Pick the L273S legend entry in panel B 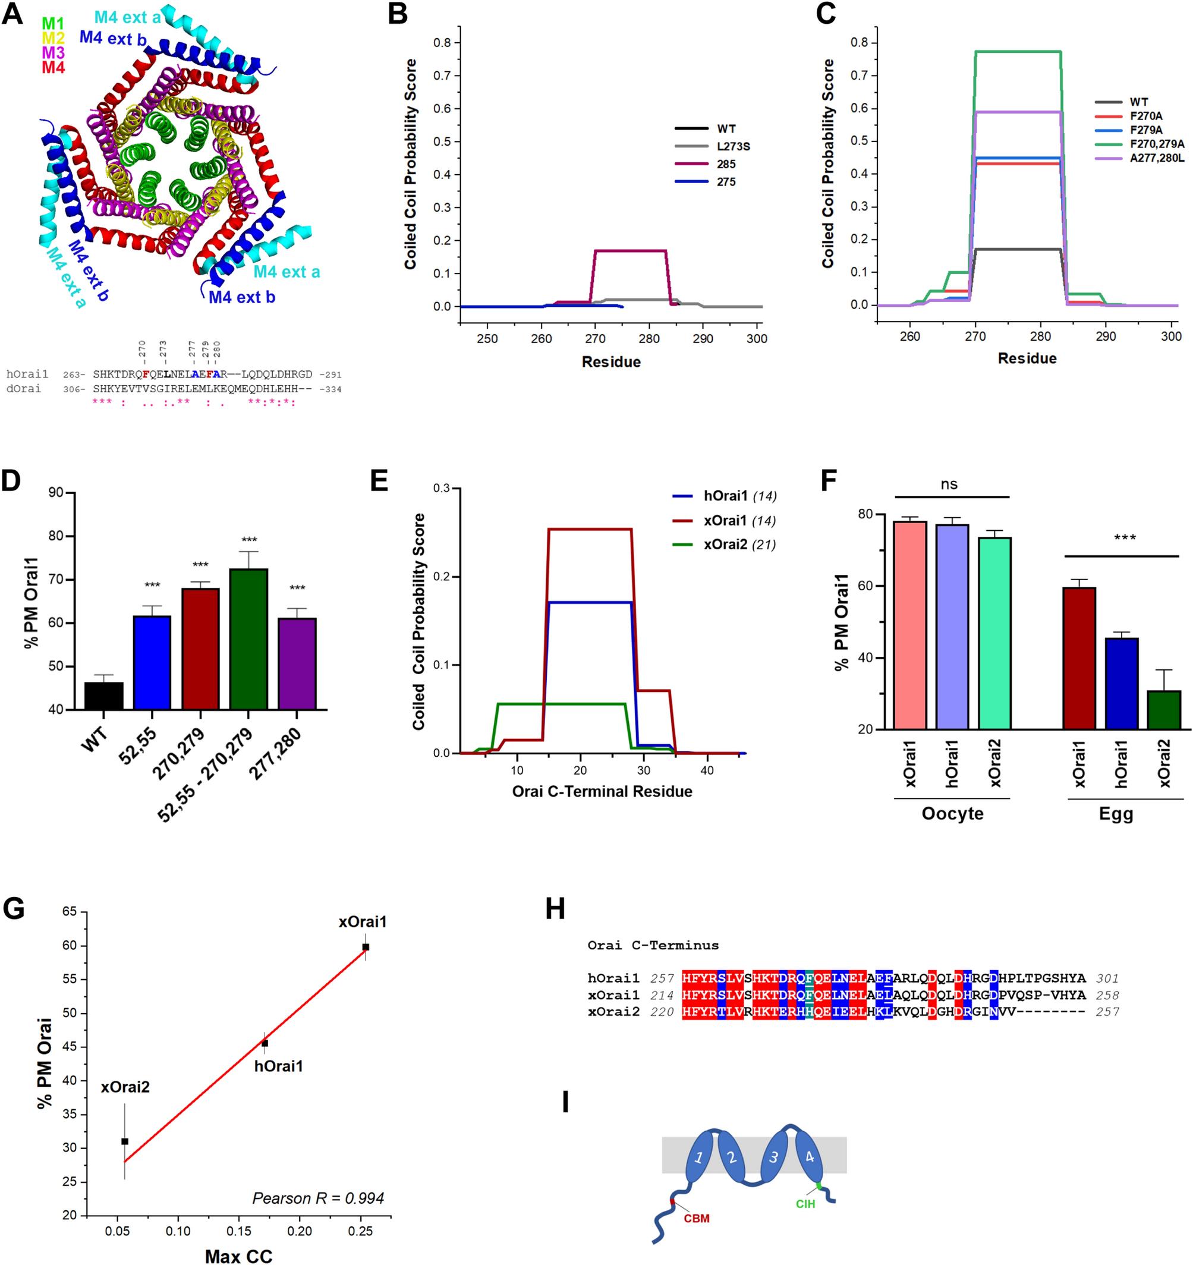click(x=733, y=146)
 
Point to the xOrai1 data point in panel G click(x=365, y=947)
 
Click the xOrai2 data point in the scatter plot click(x=125, y=1141)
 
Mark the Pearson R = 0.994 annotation click(x=318, y=1199)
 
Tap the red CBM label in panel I click(x=696, y=1219)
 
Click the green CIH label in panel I click(x=805, y=1204)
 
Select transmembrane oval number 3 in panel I click(x=773, y=1157)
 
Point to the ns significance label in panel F click(x=949, y=485)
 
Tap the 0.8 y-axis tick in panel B click(x=442, y=43)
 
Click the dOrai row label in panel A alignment click(x=24, y=388)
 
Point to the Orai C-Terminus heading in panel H click(x=653, y=946)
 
